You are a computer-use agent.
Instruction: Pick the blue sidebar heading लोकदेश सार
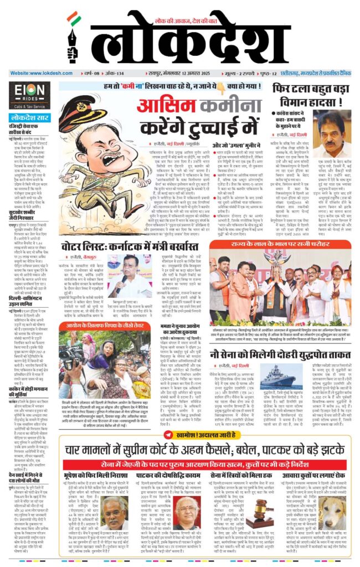pyautogui.click(x=29, y=118)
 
